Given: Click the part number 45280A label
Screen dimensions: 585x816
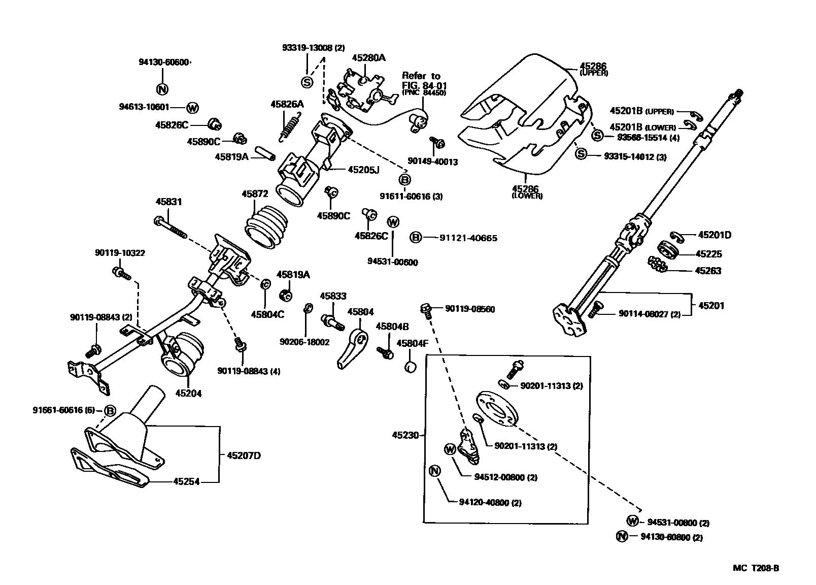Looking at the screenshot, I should point(368,57).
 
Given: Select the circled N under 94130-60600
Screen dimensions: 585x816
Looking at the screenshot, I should point(162,89).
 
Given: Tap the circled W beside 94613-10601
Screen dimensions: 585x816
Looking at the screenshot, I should point(192,107).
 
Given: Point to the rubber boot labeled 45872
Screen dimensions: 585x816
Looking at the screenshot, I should point(267,226).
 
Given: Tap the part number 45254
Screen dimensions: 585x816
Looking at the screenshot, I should point(186,481).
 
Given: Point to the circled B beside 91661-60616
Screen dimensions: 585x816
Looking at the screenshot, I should point(110,410).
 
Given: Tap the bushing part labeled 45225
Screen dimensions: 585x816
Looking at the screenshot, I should point(667,251).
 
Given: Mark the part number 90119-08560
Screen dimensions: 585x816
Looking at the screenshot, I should point(470,309).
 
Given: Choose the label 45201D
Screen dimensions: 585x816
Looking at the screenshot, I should point(715,235).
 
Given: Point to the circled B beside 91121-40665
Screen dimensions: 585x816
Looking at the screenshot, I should point(415,238).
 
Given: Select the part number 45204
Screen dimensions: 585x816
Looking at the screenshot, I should point(188,393).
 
